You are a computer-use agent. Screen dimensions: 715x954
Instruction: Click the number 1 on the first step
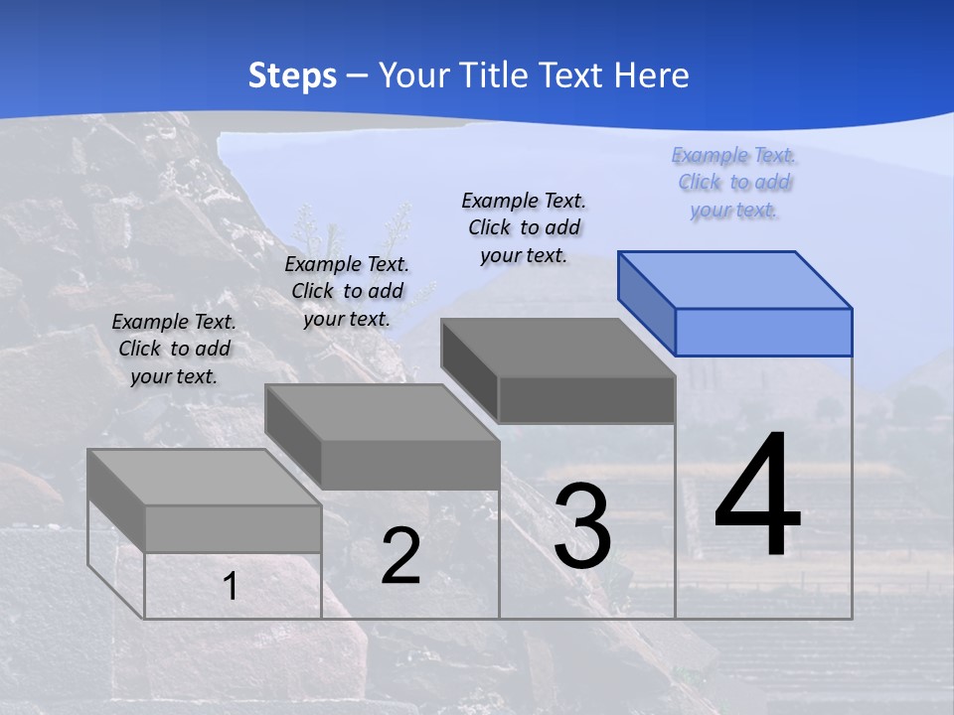pos(231,587)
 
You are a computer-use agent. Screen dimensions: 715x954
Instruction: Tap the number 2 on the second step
pos(400,556)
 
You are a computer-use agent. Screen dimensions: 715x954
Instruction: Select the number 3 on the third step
pos(582,527)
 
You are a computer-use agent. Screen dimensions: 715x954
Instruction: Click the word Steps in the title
pos(292,75)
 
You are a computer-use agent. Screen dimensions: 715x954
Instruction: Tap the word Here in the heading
pos(653,75)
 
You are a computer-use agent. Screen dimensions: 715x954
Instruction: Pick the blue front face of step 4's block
pos(763,332)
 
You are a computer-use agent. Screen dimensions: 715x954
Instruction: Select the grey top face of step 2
pos(383,412)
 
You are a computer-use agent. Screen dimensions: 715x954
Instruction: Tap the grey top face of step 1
pos(205,478)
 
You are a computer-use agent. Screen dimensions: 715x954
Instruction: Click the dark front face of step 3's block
pos(586,399)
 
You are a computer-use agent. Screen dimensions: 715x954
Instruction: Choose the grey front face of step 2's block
pos(410,465)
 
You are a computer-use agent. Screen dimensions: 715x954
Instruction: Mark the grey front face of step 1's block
pos(233,528)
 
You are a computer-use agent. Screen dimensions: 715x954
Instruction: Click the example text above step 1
pos(174,349)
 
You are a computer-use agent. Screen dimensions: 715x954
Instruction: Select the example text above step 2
pos(347,291)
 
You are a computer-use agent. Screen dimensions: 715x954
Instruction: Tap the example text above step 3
pos(524,227)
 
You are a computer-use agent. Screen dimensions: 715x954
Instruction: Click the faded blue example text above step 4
pos(734,182)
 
